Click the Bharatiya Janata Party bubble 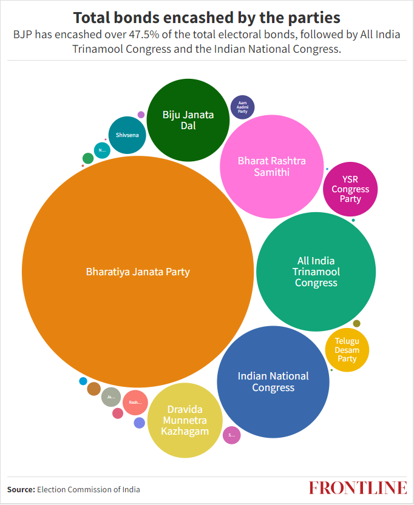138,272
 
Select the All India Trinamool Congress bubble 316,272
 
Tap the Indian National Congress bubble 273,382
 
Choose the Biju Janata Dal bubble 188,120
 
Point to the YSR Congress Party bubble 350,189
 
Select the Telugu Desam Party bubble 347,350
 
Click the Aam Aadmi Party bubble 243,107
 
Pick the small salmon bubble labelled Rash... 135,402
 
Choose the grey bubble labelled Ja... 110,396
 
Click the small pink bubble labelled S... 231,435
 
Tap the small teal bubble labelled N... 101,149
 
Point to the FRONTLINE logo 358,488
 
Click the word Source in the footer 21,489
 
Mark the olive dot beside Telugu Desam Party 356,323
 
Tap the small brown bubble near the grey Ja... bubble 93,389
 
